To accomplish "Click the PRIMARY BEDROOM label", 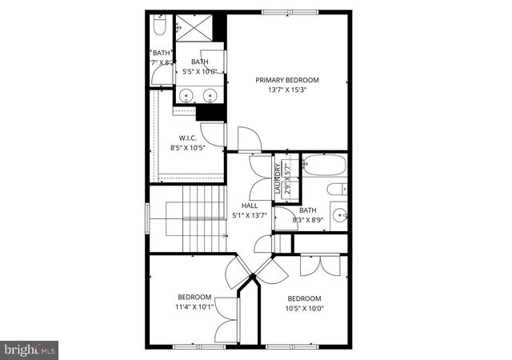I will pyautogui.click(x=287, y=80).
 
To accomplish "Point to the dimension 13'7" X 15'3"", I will pyautogui.click(x=287, y=90).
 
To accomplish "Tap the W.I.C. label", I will pyautogui.click(x=188, y=137).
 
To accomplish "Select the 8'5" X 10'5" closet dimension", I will pyautogui.click(x=188, y=147).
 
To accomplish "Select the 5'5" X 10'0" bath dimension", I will pyautogui.click(x=199, y=71).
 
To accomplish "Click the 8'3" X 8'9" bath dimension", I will pyautogui.click(x=308, y=219).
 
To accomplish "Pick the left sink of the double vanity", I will pyautogui.click(x=187, y=98).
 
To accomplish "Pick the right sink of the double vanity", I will pyautogui.click(x=211, y=98).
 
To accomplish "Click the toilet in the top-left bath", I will pyautogui.click(x=158, y=29).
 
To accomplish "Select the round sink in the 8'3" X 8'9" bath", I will pyautogui.click(x=339, y=214).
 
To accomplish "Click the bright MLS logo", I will pyautogui.click(x=30, y=349).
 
